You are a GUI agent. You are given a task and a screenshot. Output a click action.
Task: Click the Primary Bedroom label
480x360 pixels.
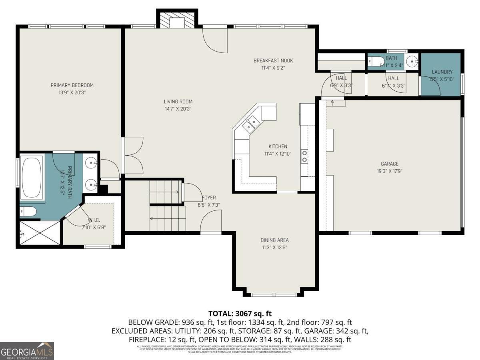click(72, 85)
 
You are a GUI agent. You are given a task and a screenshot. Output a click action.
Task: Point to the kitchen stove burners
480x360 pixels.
click(304, 156)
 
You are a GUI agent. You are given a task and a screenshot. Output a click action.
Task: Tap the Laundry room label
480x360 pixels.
click(442, 72)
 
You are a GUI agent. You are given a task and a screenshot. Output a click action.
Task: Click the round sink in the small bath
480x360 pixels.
click(411, 62)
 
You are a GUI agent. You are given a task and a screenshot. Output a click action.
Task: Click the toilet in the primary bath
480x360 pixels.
click(28, 211)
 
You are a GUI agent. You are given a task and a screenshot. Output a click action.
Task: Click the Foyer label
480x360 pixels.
click(209, 198)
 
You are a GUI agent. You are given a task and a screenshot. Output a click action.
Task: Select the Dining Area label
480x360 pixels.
click(274, 240)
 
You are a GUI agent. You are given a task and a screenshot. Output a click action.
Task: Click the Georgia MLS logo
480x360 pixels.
click(27, 351)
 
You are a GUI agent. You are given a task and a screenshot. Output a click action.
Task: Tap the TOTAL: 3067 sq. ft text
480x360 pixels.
click(240, 313)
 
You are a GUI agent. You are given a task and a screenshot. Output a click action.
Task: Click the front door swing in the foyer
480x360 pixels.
click(211, 222)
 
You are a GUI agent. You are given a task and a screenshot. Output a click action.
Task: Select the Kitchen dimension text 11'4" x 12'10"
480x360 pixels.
click(278, 154)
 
